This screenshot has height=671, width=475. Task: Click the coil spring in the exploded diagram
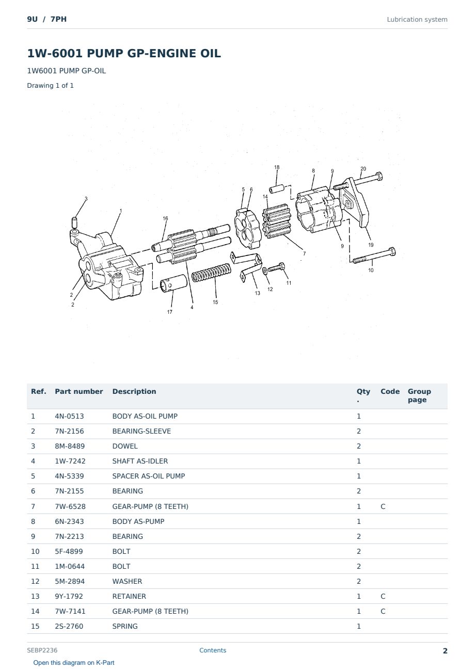(x=212, y=273)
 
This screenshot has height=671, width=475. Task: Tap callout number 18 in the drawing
(x=277, y=167)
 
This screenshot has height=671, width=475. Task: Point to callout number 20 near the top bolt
(x=363, y=169)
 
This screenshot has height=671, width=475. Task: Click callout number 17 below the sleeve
(x=170, y=312)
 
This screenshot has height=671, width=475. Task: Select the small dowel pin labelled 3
(x=75, y=222)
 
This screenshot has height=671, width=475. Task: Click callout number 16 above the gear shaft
(x=165, y=218)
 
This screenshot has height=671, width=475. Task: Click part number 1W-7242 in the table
(x=70, y=461)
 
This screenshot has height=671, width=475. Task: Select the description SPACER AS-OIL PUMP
(x=149, y=476)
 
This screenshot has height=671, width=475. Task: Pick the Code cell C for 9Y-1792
(x=383, y=596)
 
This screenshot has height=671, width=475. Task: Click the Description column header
(x=134, y=391)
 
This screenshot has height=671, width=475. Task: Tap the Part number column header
(x=79, y=391)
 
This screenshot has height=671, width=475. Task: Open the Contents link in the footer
(x=213, y=650)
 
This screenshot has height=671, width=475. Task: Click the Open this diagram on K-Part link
(x=74, y=663)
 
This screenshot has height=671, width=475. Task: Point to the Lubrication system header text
(x=417, y=20)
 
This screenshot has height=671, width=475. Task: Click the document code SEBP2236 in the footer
(x=42, y=650)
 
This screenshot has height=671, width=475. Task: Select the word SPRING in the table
(x=125, y=626)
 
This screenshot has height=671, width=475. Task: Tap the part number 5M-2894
(x=69, y=581)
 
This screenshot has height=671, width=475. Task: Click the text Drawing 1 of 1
(x=51, y=86)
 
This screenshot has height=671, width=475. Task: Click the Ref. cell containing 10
(x=35, y=551)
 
